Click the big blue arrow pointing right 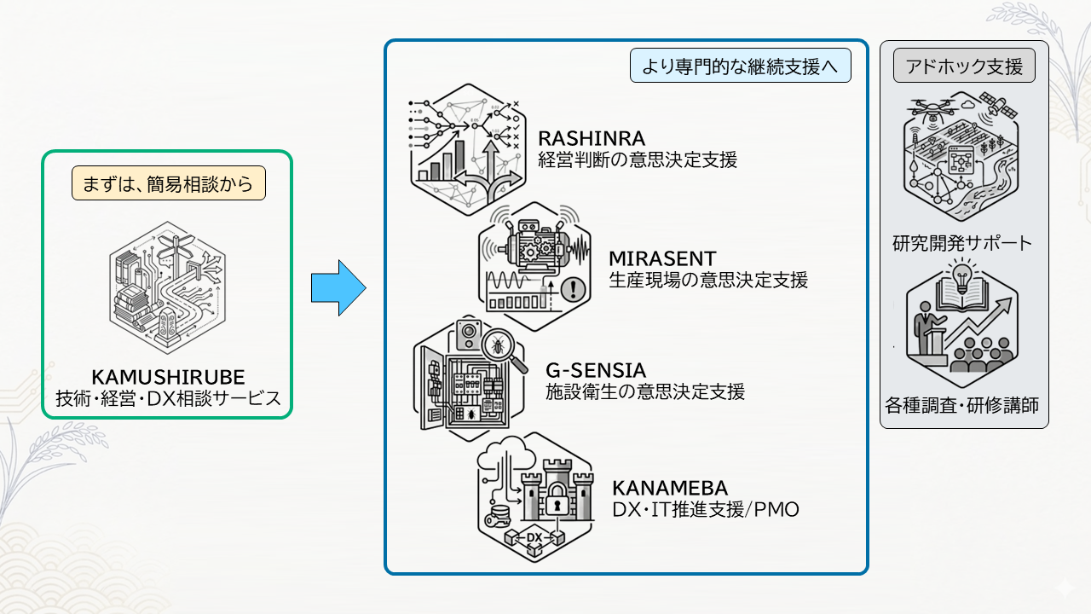click(x=338, y=288)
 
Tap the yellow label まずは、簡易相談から click(x=169, y=183)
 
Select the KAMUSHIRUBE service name click(x=168, y=377)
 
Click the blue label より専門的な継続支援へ click(x=741, y=66)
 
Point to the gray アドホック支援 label click(x=964, y=66)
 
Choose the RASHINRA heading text click(x=592, y=138)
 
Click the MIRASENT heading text click(x=662, y=258)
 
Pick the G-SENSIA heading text click(x=596, y=370)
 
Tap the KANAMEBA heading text click(x=670, y=488)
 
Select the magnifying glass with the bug click(x=502, y=350)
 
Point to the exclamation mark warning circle click(x=574, y=289)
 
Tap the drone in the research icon click(x=932, y=109)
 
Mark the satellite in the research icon click(x=997, y=105)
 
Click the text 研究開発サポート click(x=962, y=243)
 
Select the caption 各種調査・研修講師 click(x=962, y=405)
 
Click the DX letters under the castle click(x=534, y=537)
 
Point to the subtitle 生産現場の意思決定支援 click(x=708, y=280)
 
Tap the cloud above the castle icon click(x=506, y=452)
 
